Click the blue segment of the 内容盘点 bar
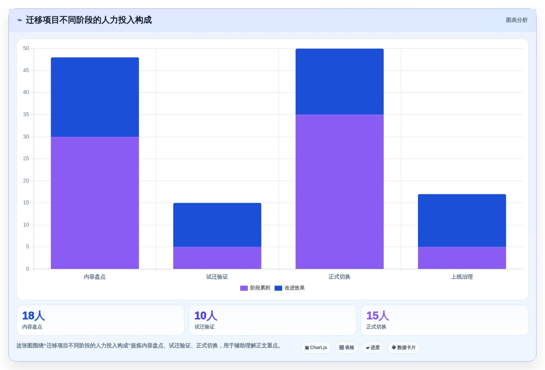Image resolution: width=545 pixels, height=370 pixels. [x=95, y=97]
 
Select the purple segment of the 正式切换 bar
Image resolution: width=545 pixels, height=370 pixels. [x=340, y=192]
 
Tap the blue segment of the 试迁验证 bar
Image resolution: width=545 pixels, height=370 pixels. [x=217, y=225]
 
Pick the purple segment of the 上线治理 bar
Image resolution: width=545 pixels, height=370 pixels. [x=462, y=258]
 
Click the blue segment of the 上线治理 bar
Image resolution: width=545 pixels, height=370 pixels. [x=462, y=221]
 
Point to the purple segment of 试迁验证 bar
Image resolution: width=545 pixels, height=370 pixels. [x=217, y=258]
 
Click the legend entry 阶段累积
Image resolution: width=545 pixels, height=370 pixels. [x=255, y=288]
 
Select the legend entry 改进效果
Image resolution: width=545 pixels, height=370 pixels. [x=290, y=288]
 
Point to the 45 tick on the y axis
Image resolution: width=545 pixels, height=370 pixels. [x=26, y=70]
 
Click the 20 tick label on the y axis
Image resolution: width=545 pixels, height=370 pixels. [x=26, y=181]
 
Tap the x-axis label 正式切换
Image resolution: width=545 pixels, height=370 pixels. [x=340, y=277]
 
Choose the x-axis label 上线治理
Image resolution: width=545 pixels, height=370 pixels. [x=462, y=277]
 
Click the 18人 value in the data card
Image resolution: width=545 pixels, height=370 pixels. [x=34, y=316]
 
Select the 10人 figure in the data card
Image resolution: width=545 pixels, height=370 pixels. [x=205, y=316]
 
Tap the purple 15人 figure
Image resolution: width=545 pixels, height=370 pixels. [x=378, y=316]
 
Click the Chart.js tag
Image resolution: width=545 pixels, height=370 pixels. [x=316, y=348]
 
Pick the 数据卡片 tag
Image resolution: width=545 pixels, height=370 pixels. [x=404, y=348]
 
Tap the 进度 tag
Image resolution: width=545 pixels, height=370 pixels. [x=373, y=348]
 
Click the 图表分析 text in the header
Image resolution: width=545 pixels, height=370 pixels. [x=517, y=20]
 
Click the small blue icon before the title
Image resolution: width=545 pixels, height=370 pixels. [x=20, y=20]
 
